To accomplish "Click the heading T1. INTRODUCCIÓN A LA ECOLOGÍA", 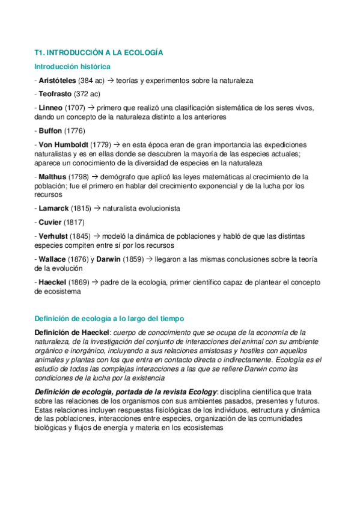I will click(99, 53).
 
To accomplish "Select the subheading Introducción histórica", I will click(72, 66).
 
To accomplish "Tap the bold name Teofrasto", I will click(55, 94).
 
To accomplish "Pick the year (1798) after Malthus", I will click(79, 177).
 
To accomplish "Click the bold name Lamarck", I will click(53, 208).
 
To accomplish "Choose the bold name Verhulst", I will click(55, 236).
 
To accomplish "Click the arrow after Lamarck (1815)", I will click(97, 208).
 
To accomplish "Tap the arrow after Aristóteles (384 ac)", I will click(110, 80).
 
